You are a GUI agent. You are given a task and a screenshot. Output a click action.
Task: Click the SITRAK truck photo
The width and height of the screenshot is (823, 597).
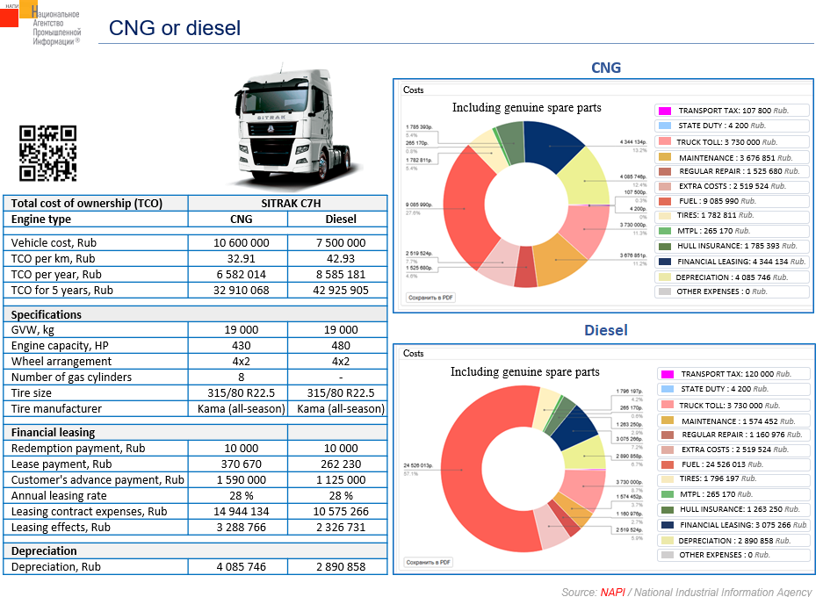[x=293, y=129]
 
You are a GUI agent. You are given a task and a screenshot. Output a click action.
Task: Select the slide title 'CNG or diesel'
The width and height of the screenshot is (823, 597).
[x=174, y=28]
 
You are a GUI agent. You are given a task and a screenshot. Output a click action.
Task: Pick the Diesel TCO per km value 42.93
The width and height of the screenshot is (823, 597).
[x=341, y=258]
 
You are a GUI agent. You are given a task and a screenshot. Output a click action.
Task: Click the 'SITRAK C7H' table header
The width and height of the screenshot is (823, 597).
[x=292, y=203]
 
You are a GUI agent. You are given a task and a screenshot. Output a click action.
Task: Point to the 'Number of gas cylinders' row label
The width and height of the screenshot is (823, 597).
[x=71, y=377]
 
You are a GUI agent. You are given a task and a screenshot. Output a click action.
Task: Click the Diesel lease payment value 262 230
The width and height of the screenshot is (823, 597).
[x=341, y=464]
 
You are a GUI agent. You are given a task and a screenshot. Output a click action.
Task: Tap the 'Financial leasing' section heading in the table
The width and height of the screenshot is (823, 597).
[x=53, y=432]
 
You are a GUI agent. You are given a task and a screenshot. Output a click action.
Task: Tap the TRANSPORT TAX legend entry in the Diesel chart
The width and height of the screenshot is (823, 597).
[x=733, y=374]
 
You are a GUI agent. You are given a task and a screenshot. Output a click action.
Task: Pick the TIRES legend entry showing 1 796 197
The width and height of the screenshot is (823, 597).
[x=733, y=478]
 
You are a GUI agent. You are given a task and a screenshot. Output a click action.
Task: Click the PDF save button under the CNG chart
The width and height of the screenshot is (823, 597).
[x=430, y=298]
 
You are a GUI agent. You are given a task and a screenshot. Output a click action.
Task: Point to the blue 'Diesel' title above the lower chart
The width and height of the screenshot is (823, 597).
[x=605, y=331]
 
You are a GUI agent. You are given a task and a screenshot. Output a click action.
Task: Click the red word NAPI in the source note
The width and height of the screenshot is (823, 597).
[x=613, y=592]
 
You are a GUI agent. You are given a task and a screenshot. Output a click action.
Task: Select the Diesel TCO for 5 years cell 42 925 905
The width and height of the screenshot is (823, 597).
[x=341, y=290]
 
